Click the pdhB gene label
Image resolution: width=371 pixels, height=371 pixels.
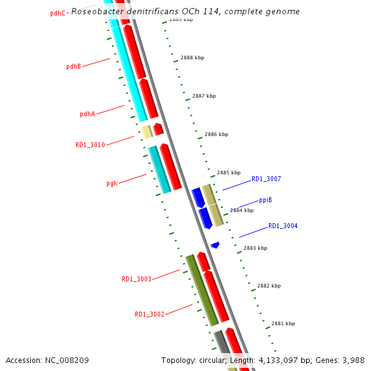click(74, 66)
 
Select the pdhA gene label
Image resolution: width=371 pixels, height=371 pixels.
click(87, 114)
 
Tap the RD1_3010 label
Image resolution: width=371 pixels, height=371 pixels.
click(90, 145)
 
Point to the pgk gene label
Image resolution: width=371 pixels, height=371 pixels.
click(112, 183)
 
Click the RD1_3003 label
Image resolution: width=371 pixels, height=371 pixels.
click(137, 279)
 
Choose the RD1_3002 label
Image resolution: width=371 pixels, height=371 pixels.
click(150, 314)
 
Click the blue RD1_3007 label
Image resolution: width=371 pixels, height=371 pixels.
click(266, 179)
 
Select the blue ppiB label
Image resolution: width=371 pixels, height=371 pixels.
click(265, 200)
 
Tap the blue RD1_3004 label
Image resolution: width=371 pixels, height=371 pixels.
click(283, 226)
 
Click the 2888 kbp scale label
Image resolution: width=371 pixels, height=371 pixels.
click(192, 58)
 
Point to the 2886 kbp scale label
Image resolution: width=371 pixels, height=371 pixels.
click(216, 134)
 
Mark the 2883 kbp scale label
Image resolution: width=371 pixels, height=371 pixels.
click(255, 248)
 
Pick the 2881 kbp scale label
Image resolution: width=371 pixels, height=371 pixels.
click(283, 323)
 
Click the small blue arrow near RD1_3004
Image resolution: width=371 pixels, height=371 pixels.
click(215, 245)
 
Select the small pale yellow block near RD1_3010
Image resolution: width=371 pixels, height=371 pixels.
click(147, 132)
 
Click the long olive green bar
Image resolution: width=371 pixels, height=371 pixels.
click(202, 289)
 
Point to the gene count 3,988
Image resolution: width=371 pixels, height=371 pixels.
click(352, 360)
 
